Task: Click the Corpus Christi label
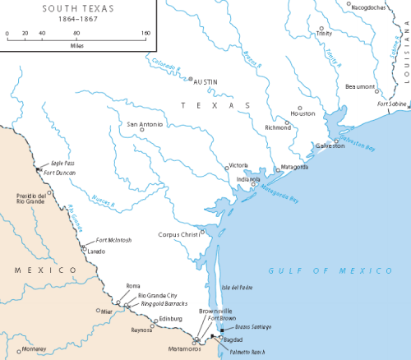pyautogui.click(x=179, y=234)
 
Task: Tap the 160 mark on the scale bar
pyautogui.click(x=145, y=34)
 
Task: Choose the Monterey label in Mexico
pyautogui.click(x=35, y=348)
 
